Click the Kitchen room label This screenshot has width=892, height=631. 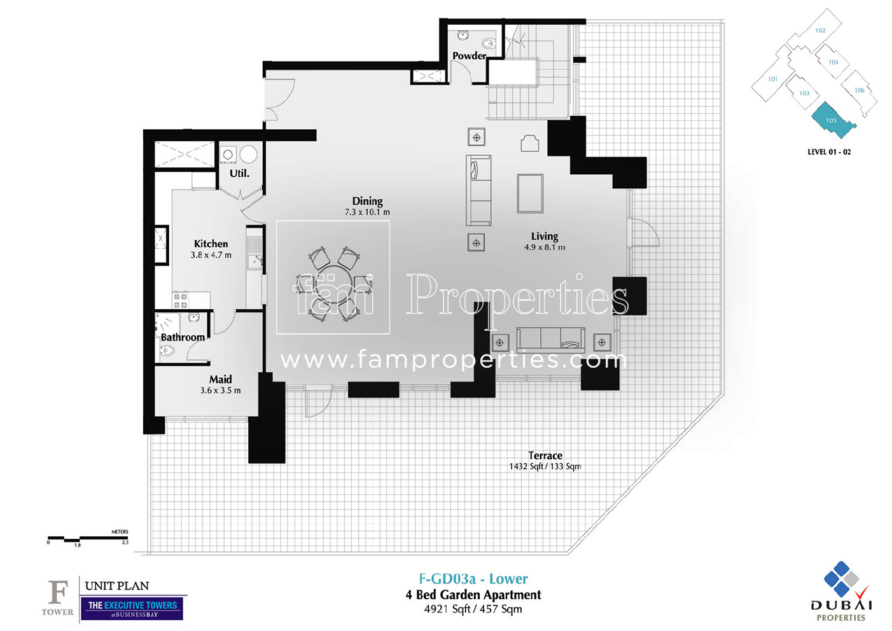(x=211, y=244)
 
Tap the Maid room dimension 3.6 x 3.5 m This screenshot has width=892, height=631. (x=220, y=391)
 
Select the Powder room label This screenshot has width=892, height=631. (x=469, y=56)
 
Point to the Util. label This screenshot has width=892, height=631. (x=239, y=173)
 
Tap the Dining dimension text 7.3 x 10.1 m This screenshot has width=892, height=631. (x=367, y=212)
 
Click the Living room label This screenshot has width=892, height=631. (x=544, y=236)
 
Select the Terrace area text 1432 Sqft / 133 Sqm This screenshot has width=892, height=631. (x=545, y=466)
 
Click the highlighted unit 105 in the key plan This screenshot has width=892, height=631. (x=832, y=121)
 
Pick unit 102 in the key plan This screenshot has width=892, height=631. (x=820, y=31)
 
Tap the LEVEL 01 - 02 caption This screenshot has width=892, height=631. (x=828, y=152)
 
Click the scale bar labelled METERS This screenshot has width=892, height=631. (x=88, y=539)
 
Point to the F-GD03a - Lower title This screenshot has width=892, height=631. (x=473, y=579)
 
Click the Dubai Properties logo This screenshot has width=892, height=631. (x=841, y=592)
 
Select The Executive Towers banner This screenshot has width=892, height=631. (x=132, y=607)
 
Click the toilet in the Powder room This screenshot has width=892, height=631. (x=488, y=43)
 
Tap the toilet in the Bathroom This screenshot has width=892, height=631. (x=167, y=350)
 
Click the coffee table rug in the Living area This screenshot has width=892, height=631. (x=530, y=193)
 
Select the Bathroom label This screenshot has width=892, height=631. (x=183, y=337)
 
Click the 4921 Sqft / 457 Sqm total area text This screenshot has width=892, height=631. (x=473, y=609)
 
